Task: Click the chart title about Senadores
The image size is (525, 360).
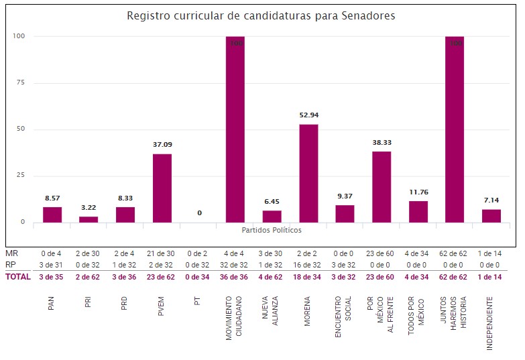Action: click(x=261, y=15)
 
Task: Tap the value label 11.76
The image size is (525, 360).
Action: click(x=418, y=192)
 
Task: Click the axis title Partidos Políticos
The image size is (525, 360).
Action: click(x=272, y=230)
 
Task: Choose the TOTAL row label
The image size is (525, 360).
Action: click(x=17, y=277)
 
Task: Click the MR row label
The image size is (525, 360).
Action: click(x=11, y=253)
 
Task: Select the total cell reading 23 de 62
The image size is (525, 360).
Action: click(x=162, y=277)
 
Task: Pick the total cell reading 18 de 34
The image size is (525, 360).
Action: click(x=308, y=277)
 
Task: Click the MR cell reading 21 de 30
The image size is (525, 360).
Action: click(x=162, y=253)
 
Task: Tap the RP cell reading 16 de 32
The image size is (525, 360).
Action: click(x=308, y=265)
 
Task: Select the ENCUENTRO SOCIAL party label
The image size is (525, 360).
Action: click(x=345, y=317)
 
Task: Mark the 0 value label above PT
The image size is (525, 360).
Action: click(x=199, y=213)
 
